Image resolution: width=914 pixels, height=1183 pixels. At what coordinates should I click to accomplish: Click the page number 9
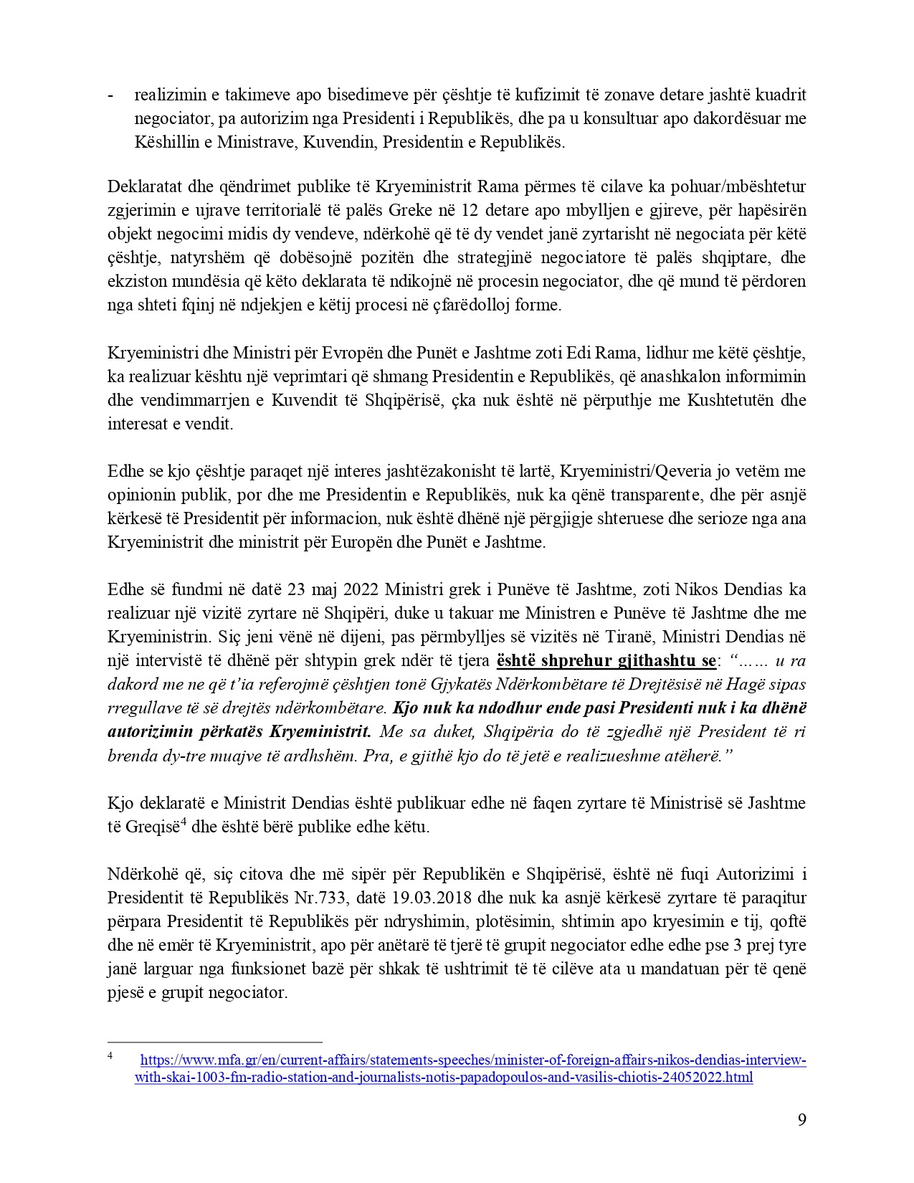[x=801, y=1119]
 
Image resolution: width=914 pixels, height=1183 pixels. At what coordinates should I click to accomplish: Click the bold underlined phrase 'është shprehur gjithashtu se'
[x=601, y=660]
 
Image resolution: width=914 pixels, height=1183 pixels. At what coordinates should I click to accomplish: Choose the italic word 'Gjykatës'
[x=460, y=684]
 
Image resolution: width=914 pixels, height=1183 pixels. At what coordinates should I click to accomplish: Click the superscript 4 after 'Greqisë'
[x=184, y=822]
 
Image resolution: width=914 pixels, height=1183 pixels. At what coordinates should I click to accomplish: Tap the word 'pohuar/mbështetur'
[x=745, y=187]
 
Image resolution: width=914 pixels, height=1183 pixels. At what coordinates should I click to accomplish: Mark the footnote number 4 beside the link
[x=110, y=1055]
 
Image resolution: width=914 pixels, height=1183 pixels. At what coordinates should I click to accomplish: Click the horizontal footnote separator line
[x=214, y=1042]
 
